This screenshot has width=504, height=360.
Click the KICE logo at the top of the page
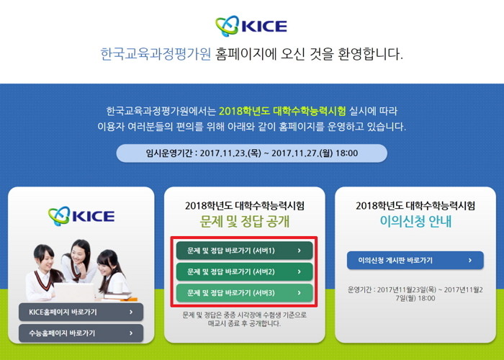[x=251, y=27]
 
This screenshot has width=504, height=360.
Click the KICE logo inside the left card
[x=81, y=215]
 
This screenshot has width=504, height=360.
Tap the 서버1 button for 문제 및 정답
[x=244, y=251]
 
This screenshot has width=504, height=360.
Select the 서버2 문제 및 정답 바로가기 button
[x=244, y=271]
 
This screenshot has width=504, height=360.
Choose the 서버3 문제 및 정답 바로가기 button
[x=244, y=292]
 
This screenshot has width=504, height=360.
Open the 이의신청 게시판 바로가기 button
[x=415, y=260]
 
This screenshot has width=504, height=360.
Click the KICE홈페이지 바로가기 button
[x=81, y=312]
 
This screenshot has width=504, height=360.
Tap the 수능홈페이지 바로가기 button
[x=81, y=333]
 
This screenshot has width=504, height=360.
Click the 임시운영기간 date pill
[x=251, y=153]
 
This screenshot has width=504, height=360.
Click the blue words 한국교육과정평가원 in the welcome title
[x=156, y=55]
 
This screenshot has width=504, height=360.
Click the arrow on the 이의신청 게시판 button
[x=470, y=260]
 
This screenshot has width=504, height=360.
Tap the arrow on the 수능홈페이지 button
[x=130, y=333]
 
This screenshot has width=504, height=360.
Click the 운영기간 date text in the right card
[x=415, y=293]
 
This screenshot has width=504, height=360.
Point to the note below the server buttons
[x=244, y=319]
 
